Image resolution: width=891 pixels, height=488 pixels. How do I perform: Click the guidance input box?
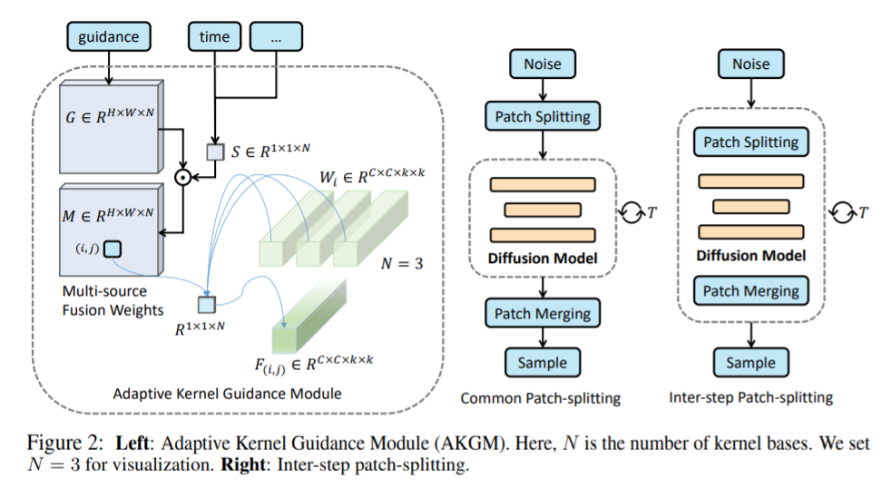tap(109, 36)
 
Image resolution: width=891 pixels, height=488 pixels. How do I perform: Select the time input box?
tap(214, 36)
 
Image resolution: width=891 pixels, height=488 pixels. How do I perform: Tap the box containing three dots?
tap(275, 36)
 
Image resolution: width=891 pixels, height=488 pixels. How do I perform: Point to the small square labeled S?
tap(214, 152)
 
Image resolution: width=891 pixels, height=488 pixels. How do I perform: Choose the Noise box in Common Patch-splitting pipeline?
tap(542, 63)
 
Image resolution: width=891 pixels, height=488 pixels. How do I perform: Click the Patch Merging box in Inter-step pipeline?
tap(750, 291)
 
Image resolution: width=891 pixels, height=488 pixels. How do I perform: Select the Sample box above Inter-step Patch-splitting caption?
tap(750, 363)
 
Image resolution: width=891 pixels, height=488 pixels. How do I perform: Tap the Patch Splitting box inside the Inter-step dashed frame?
tap(750, 142)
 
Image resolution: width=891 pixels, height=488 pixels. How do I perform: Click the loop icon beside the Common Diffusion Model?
tap(628, 211)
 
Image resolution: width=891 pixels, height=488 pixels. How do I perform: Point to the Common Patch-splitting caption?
tap(542, 398)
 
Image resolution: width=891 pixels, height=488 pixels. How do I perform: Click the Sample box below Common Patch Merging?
tap(542, 363)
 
